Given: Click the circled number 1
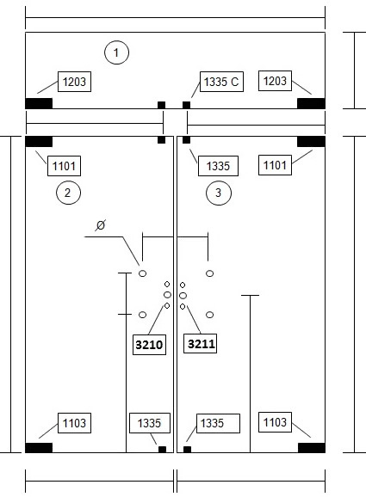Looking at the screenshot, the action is tap(116, 52).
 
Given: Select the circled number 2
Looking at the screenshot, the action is tap(68, 193).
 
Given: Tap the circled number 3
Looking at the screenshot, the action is tap(219, 193).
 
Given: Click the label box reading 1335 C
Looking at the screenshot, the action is tap(221, 82).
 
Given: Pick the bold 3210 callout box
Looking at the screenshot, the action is tap(149, 345).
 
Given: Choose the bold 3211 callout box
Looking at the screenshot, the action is tap(201, 344).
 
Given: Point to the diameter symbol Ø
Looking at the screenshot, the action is tap(100, 225).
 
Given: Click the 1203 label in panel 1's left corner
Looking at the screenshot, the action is tap(74, 82).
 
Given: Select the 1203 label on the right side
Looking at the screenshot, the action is tap(275, 81).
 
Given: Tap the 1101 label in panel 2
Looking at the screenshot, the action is tap(64, 166).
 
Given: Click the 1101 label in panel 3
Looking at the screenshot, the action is tap(275, 165).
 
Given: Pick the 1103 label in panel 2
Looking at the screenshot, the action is tap(74, 423).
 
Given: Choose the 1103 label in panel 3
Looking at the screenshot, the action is tap(275, 422).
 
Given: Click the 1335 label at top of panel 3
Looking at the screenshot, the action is tap(218, 166).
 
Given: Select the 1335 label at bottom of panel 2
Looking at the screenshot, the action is tap(150, 423).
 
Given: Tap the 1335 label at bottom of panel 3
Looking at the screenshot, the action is tap(218, 423).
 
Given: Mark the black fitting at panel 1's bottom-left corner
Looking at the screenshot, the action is tap(39, 103).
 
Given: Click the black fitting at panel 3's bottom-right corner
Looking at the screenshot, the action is tap(312, 448).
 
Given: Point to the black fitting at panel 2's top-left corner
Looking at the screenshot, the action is tap(39, 142).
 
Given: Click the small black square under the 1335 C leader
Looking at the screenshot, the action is tap(186, 105).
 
